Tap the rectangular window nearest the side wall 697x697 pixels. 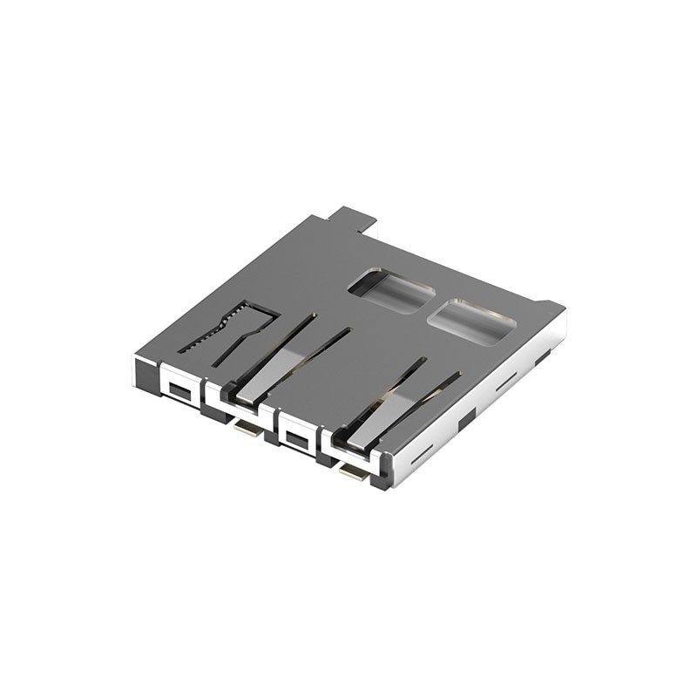coord(471,321)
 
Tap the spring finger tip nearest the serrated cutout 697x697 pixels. coord(246,395)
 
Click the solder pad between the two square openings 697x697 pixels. coord(247,427)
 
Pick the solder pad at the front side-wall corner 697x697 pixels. coord(353,473)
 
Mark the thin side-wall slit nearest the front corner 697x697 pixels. coord(422,454)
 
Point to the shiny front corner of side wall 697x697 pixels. coord(390,470)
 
